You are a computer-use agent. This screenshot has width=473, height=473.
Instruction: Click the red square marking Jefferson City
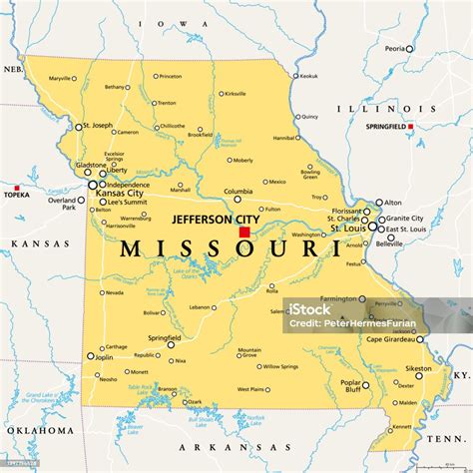coord(244,232)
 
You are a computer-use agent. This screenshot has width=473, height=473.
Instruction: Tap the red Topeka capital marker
coord(16,188)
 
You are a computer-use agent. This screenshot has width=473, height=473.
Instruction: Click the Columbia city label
coord(237,191)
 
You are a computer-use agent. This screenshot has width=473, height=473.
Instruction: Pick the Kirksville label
coord(236,94)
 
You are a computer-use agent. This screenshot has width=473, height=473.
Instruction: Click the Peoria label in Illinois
coord(396,48)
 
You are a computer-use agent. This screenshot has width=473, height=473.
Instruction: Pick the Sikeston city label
coord(418,368)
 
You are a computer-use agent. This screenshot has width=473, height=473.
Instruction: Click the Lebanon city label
coord(201,307)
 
